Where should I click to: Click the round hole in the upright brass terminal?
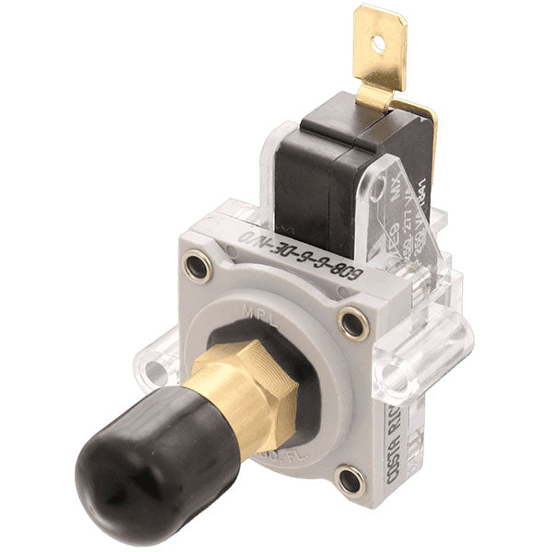pyautogui.click(x=376, y=41)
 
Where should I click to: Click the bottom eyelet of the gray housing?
pyautogui.click(x=350, y=479)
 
